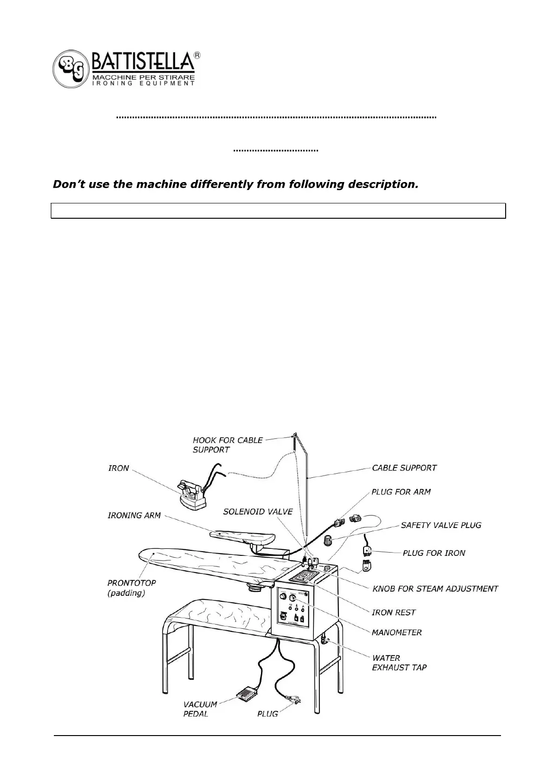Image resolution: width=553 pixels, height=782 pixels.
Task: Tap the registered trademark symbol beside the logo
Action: click(x=197, y=55)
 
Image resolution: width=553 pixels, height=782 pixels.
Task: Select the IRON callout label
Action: click(x=118, y=468)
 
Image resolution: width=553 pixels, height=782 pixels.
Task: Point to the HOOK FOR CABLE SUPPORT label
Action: click(x=228, y=444)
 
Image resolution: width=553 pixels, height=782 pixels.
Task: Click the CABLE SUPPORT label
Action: click(x=404, y=468)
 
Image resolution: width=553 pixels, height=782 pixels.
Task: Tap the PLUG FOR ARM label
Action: click(x=401, y=491)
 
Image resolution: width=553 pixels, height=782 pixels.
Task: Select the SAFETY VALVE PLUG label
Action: click(x=441, y=525)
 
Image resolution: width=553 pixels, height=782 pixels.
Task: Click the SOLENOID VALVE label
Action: click(x=258, y=512)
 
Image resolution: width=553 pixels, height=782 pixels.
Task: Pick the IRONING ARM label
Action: click(x=134, y=515)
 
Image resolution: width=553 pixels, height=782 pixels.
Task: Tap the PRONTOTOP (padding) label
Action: click(x=131, y=587)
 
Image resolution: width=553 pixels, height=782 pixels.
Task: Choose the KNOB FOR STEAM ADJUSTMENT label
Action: click(x=435, y=588)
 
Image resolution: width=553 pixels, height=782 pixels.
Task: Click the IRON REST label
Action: click(x=393, y=612)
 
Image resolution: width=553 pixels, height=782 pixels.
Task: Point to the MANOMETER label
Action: click(x=397, y=632)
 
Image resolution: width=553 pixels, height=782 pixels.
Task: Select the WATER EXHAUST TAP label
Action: click(x=399, y=663)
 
